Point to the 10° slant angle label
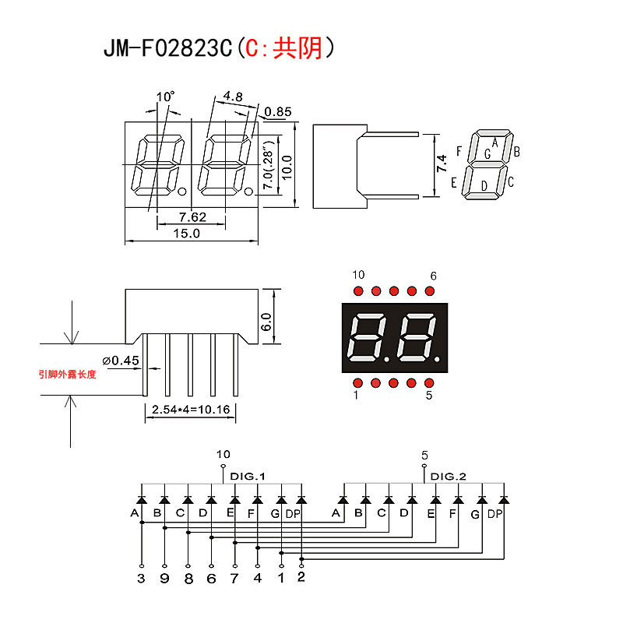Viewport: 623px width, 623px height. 165,97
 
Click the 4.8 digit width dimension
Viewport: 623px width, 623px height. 232,97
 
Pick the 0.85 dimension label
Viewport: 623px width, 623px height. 278,112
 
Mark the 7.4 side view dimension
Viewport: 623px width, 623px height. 442,164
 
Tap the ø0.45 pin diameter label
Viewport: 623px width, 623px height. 120,360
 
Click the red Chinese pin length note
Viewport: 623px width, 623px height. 68,375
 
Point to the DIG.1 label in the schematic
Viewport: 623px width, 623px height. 249,476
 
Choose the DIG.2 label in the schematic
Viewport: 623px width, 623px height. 449,476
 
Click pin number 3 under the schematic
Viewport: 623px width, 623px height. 141,579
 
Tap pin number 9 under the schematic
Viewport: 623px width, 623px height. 164,579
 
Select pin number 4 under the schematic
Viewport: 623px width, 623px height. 258,579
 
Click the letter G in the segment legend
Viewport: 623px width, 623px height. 487,154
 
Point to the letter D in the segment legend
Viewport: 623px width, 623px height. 484,185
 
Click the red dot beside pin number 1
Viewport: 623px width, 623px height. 357,383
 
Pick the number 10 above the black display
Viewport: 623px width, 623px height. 358,275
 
